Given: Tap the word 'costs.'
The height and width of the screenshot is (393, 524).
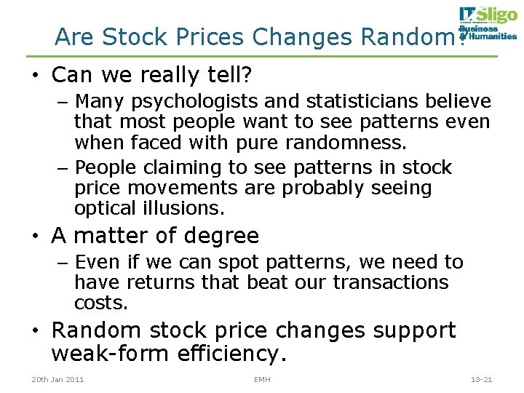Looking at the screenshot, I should click(x=101, y=302).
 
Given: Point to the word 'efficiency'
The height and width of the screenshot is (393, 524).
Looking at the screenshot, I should click(x=233, y=354).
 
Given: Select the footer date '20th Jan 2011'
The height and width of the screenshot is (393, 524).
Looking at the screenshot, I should click(x=58, y=379).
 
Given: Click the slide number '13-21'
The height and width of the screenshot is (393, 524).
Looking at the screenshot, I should click(x=481, y=379).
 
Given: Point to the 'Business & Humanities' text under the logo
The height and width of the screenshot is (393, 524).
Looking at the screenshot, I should click(x=487, y=33).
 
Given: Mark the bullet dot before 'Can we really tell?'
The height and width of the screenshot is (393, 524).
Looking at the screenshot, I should click(x=33, y=76).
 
